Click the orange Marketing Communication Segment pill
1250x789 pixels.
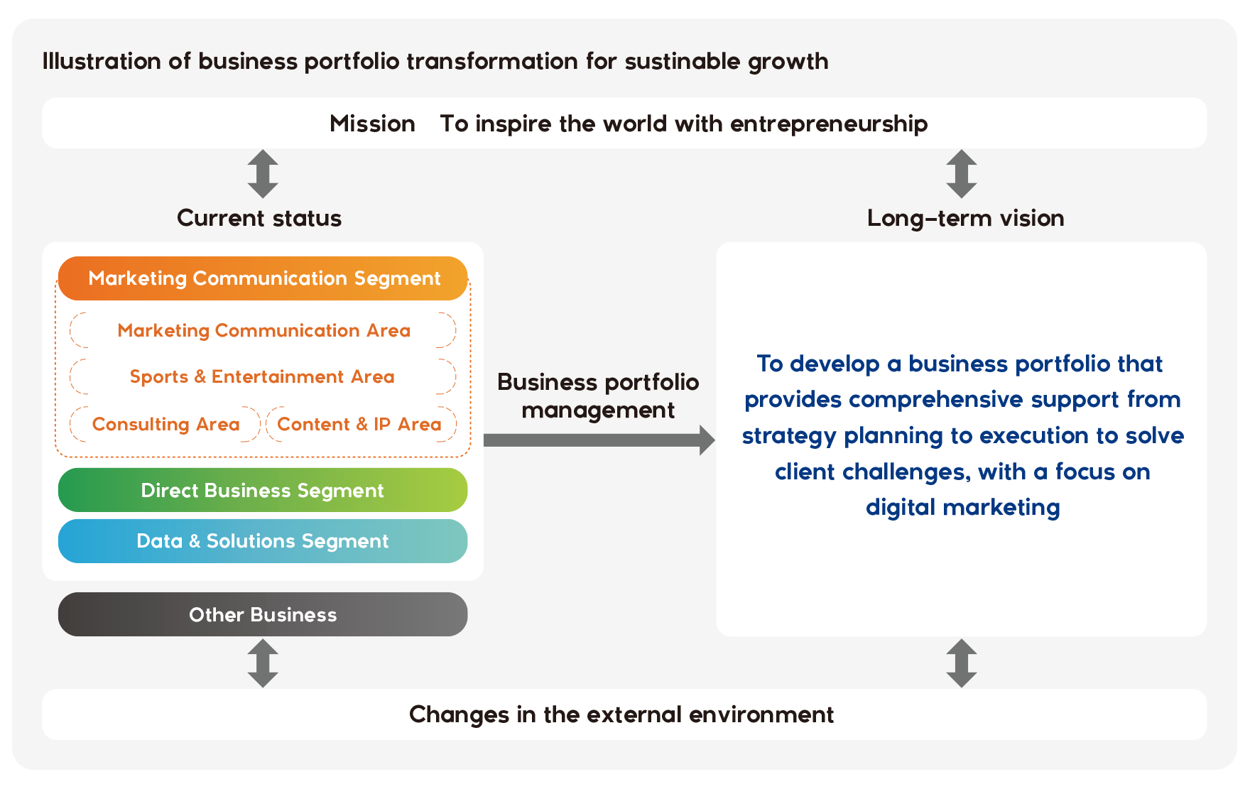coord(263,278)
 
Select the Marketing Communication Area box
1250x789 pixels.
coord(263,330)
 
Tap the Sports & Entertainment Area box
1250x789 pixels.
coord(263,376)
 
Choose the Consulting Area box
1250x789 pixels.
coord(165,424)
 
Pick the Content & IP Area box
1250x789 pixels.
coord(361,424)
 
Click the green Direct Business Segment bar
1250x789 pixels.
coord(263,490)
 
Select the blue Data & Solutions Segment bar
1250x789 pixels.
coord(263,541)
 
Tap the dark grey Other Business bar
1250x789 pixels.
coord(263,614)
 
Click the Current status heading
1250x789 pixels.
coord(259,218)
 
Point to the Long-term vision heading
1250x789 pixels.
coord(965,218)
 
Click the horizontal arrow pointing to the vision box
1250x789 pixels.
coord(599,440)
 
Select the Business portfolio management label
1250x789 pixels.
coord(598,396)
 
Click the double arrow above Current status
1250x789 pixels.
coord(263,173)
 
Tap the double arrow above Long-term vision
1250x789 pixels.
coord(962,173)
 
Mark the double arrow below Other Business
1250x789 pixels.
coord(263,663)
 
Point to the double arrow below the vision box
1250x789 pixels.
coord(962,663)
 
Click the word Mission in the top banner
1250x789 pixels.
coord(372,124)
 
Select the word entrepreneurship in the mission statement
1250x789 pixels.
coord(829,124)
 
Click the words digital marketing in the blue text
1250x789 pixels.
coord(962,508)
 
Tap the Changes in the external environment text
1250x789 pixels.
coord(621,714)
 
